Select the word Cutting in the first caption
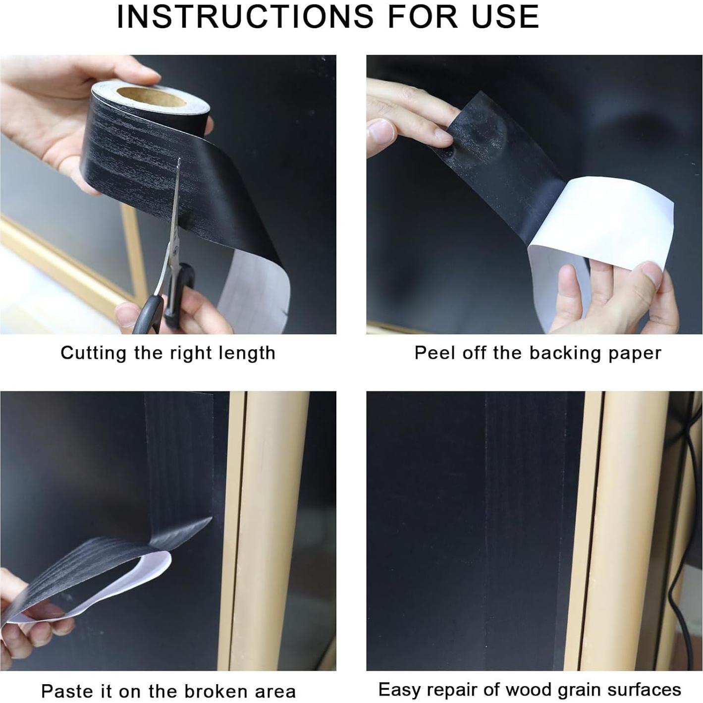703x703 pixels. pos(93,353)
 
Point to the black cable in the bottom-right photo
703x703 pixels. pos(683,547)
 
